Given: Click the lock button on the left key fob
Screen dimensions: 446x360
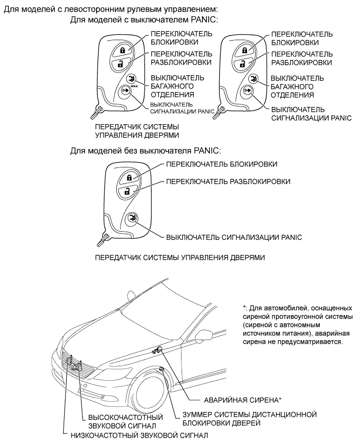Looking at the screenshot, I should (x=123, y=51).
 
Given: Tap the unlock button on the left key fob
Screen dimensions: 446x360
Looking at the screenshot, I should (x=121, y=64).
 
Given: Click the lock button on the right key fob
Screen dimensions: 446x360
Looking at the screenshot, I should (x=244, y=51).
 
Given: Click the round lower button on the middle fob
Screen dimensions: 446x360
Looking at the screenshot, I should (x=131, y=219).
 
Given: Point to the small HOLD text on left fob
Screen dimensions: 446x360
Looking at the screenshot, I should (x=134, y=85).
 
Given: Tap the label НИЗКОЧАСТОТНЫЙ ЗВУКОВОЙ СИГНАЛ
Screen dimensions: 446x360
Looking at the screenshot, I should (x=138, y=435).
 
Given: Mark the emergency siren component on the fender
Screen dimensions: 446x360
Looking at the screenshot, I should (x=159, y=349).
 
